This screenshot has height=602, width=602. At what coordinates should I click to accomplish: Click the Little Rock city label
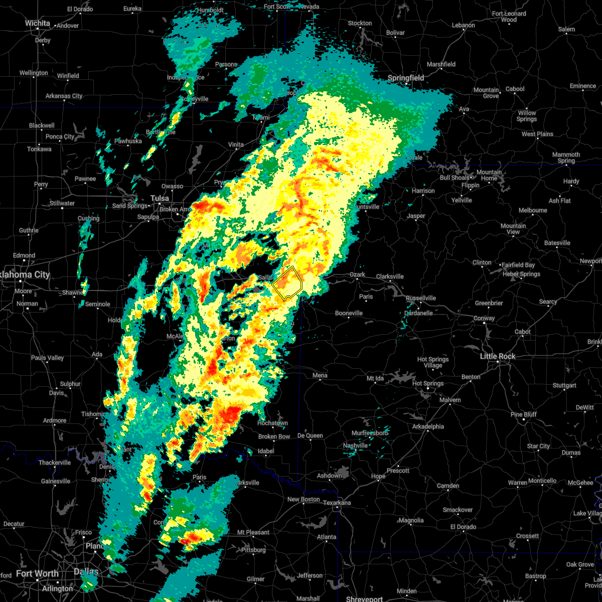pyautogui.click(x=498, y=356)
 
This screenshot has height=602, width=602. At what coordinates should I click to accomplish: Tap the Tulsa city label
pyautogui.click(x=160, y=198)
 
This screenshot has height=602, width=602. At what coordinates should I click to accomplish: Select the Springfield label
pyautogui.click(x=406, y=78)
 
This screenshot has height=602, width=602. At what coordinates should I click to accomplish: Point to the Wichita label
pyautogui.click(x=38, y=23)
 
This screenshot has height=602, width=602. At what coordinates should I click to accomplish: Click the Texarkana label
pyautogui.click(x=337, y=503)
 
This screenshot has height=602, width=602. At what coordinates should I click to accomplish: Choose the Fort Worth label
pyautogui.click(x=37, y=573)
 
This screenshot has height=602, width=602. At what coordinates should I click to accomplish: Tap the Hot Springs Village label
pyautogui.click(x=433, y=362)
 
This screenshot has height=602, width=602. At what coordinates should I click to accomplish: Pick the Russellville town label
pyautogui.click(x=420, y=298)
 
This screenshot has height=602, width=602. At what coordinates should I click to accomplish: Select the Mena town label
pyautogui.click(x=320, y=375)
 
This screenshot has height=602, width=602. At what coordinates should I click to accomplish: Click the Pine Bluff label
pyautogui.click(x=523, y=414)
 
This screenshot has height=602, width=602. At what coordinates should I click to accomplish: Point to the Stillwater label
pyautogui.click(x=62, y=203)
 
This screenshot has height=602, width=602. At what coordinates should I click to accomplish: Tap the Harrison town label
pyautogui.click(x=423, y=191)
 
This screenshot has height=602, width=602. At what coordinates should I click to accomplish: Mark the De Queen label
pyautogui.click(x=310, y=435)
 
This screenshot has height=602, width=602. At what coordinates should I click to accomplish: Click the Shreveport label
pyautogui.click(x=364, y=599)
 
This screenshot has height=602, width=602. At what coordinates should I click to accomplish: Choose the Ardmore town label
pyautogui.click(x=55, y=420)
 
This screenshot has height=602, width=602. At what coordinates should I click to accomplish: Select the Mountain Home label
pyautogui.click(x=489, y=175)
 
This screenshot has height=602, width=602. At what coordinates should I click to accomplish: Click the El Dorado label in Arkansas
pyautogui.click(x=464, y=527)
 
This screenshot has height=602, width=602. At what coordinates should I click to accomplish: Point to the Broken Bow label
pyautogui.click(x=274, y=436)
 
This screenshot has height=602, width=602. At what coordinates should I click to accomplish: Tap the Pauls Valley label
pyautogui.click(x=48, y=358)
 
